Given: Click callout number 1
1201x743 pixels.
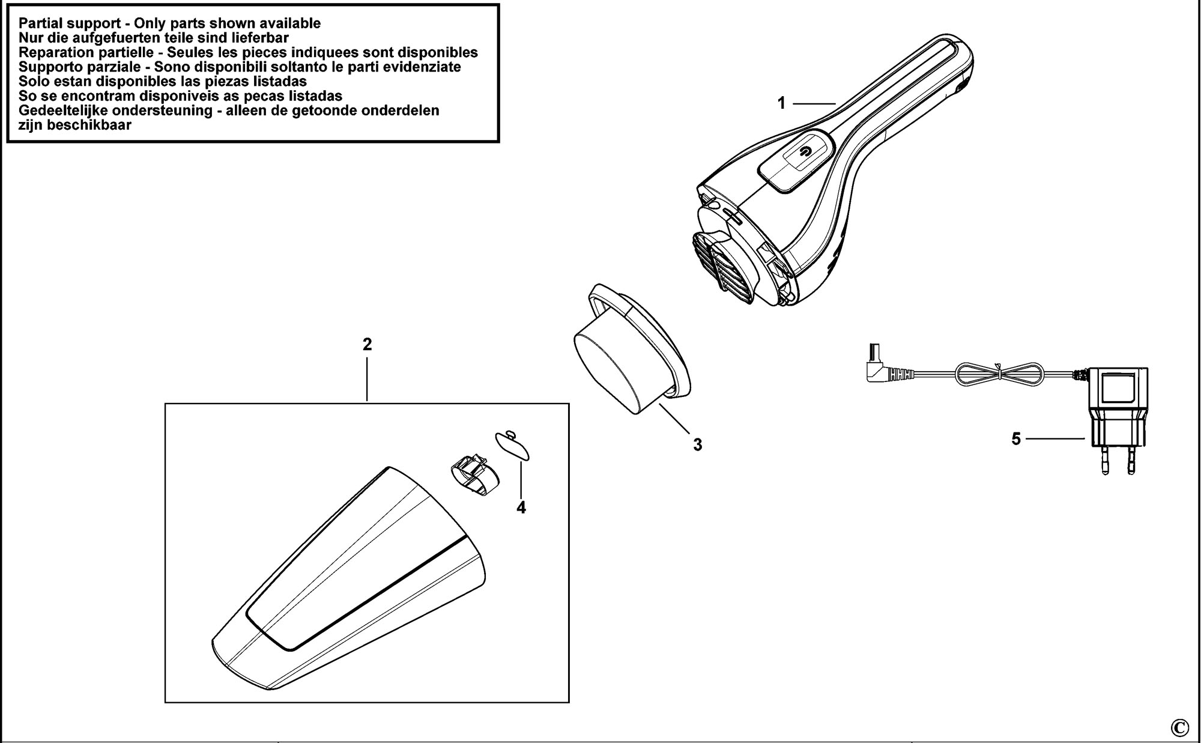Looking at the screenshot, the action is pos(781,103).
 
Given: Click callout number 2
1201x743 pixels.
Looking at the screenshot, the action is pos(367,344).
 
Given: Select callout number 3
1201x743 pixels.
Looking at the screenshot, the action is pos(697,445).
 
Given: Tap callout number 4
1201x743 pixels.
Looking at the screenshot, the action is pos(521,508).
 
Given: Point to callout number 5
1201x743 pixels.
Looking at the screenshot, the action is pos(1015,439).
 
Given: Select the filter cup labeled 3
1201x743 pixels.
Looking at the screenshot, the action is pos(631,348).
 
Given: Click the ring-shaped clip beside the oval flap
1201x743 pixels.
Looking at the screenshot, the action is pos(475,476).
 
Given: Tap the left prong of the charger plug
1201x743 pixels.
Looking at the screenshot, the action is pos(1105,459).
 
